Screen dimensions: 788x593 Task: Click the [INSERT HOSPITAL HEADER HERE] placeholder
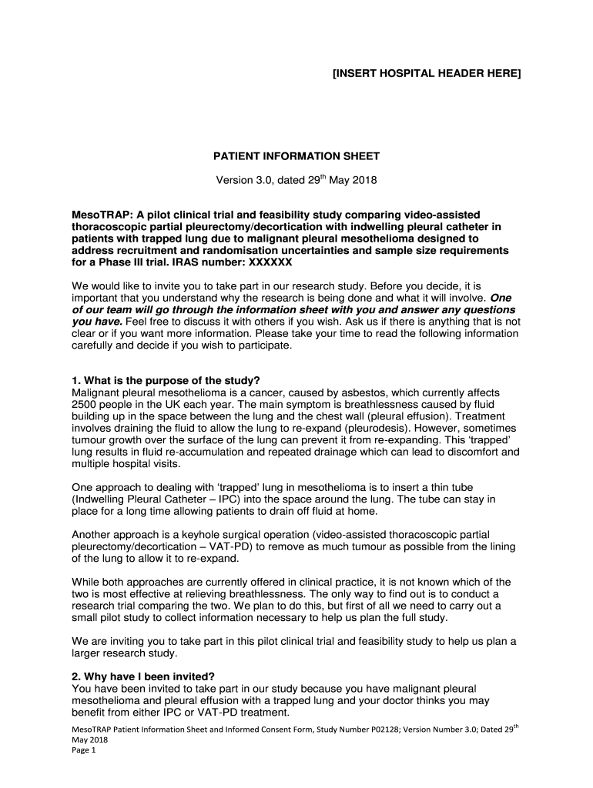pyautogui.click(x=426, y=74)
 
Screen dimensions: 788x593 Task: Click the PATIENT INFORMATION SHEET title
pyautogui.click(x=296, y=156)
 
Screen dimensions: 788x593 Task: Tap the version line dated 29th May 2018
pyautogui.click(x=296, y=181)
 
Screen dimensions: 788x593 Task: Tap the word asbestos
pyautogui.click(x=349, y=392)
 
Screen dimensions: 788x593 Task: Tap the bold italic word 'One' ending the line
pyautogui.click(x=501, y=296)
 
